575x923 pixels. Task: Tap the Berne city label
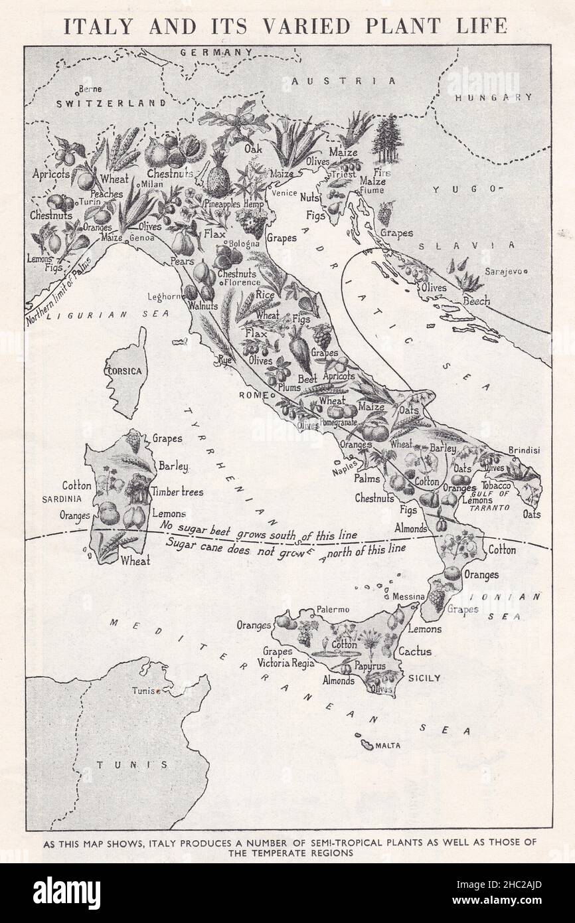point(90,89)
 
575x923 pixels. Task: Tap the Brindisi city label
point(524,450)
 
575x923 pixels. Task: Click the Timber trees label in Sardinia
point(177,492)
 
